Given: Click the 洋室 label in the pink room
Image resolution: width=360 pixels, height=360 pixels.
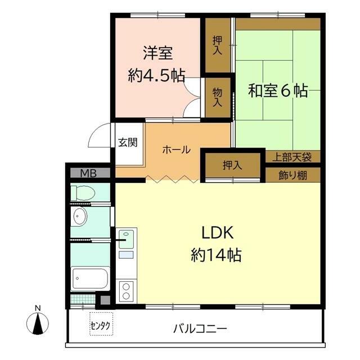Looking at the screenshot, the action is click(158, 53).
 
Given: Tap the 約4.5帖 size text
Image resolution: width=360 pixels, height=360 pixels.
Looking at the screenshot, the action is click(156, 75).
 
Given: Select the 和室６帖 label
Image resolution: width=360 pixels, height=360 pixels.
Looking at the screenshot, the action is click(278, 91).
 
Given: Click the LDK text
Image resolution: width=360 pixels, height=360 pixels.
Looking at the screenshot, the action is click(218, 232).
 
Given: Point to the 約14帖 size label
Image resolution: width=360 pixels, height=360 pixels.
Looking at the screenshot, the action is click(216, 255).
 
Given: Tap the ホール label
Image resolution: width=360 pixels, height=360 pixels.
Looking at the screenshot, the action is click(176, 150).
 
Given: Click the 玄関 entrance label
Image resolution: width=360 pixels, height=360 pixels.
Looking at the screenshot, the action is click(128, 142).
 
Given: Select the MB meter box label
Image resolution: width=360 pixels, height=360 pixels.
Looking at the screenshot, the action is click(88, 173).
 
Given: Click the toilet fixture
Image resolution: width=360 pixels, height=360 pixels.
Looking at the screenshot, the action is click(83, 193).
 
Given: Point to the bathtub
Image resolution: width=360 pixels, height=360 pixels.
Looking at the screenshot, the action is click(90, 278).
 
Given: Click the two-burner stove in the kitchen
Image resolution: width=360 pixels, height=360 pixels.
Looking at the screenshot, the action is click(126, 291).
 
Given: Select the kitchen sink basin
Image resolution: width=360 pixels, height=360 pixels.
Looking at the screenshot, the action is click(126, 239).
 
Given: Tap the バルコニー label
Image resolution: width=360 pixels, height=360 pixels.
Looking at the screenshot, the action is click(200, 328).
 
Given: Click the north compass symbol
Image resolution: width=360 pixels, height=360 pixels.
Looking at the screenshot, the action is click(38, 322).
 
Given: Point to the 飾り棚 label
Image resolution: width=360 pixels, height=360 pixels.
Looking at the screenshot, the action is click(293, 175).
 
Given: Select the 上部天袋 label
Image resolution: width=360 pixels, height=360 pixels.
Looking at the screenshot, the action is click(292, 157).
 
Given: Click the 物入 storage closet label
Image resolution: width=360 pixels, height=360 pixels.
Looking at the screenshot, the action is click(217, 97).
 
